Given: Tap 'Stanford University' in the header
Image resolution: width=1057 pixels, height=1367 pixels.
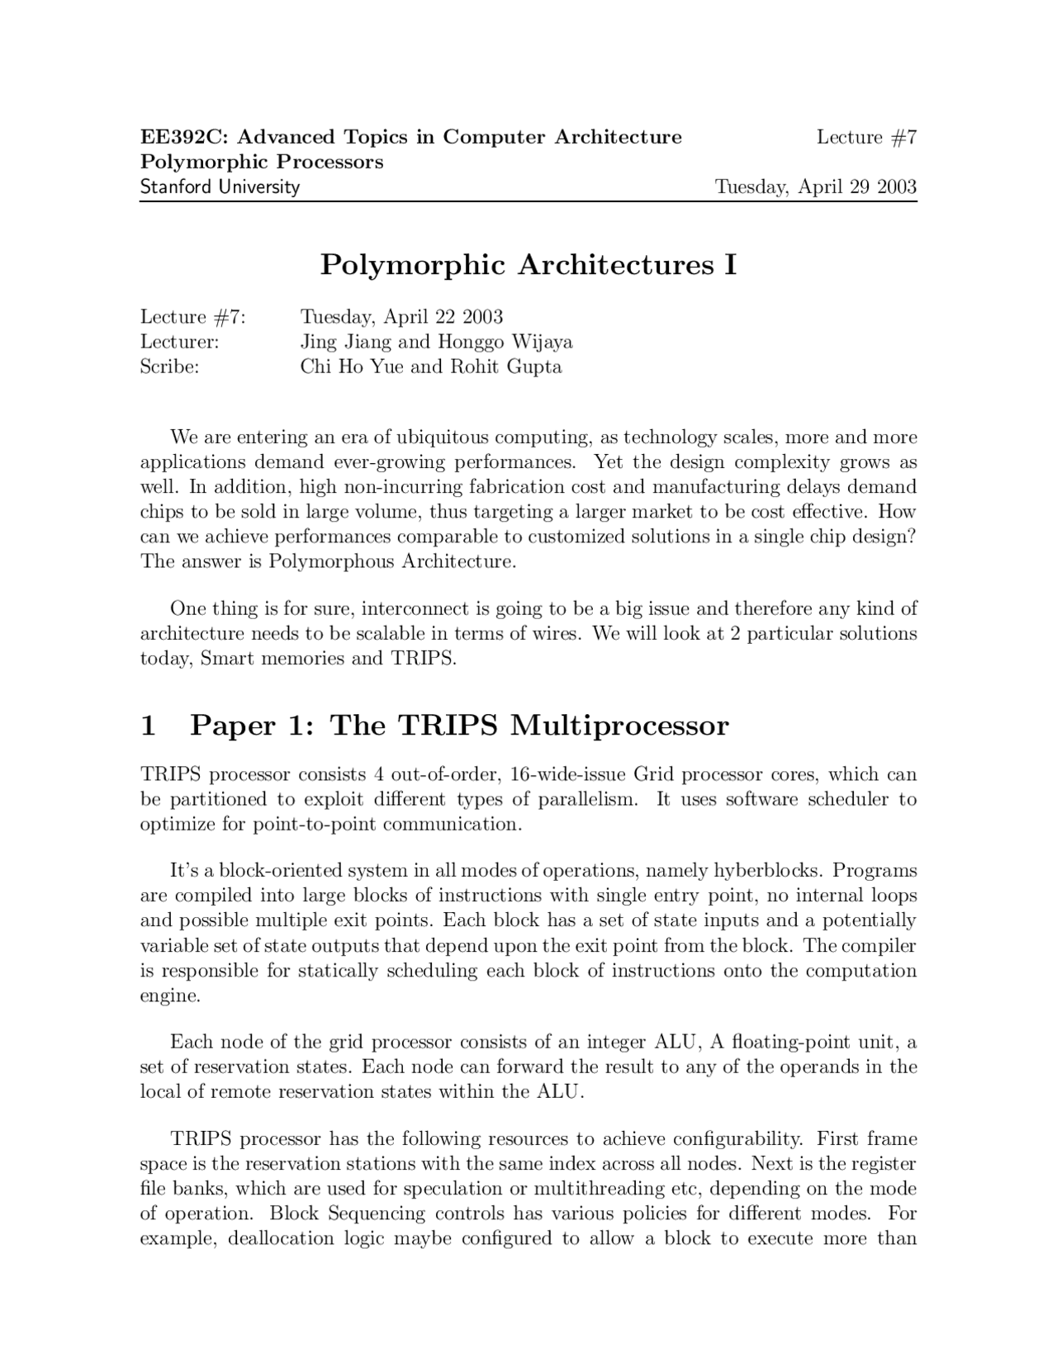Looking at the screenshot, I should pyautogui.click(x=220, y=187).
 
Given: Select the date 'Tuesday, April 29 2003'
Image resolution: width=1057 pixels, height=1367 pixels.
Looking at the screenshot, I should pyautogui.click(x=815, y=187).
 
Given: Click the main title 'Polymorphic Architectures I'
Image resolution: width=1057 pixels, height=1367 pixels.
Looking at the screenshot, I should pyautogui.click(x=528, y=265).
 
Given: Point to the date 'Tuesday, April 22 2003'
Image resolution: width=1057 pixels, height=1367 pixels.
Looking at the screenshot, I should pyautogui.click(x=401, y=317).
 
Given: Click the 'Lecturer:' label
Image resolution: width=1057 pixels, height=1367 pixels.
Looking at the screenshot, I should pyautogui.click(x=179, y=342).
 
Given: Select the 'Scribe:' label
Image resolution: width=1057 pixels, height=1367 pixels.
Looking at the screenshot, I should pyautogui.click(x=169, y=367).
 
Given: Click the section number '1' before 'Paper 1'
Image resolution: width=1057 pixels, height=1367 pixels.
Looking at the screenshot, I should pyautogui.click(x=149, y=726).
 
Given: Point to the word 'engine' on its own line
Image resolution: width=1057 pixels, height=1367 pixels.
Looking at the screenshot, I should pyautogui.click(x=168, y=996).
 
